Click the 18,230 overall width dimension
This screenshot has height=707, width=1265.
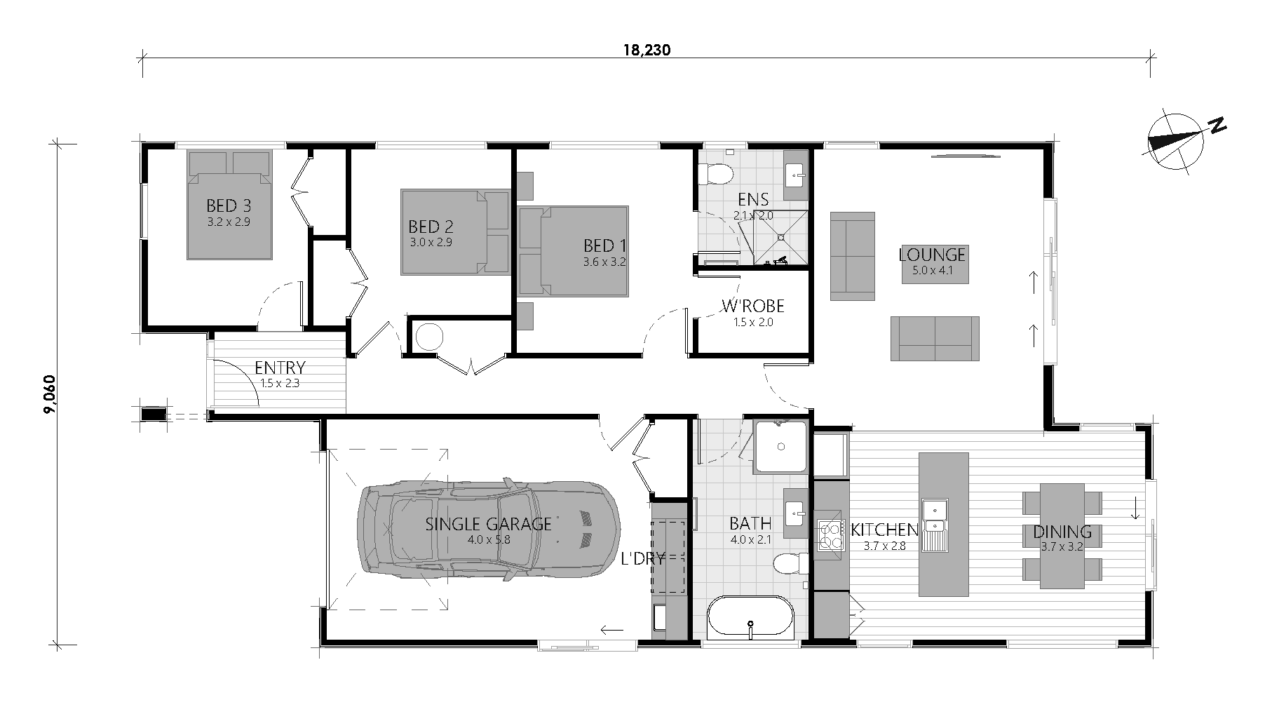(647, 50)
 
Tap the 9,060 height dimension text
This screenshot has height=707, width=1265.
(49, 395)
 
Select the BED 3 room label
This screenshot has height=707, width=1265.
(229, 206)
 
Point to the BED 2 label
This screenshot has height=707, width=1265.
(431, 227)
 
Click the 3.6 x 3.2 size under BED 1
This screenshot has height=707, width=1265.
(604, 262)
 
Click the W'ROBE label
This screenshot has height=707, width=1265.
(753, 307)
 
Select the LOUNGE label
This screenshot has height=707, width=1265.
(932, 254)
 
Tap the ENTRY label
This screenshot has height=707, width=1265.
(280, 368)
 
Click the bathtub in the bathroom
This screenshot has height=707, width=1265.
(750, 617)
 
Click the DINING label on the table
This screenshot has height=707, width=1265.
(1062, 532)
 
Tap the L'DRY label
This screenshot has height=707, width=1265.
(642, 559)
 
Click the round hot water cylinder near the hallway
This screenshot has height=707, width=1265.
(429, 337)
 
